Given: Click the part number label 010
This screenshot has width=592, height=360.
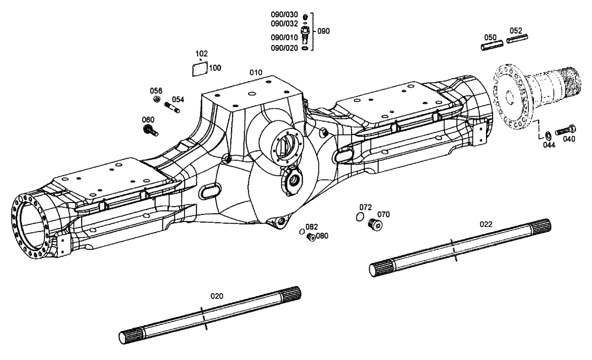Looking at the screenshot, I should (x=255, y=72).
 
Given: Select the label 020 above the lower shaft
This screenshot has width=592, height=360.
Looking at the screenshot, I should (x=218, y=295).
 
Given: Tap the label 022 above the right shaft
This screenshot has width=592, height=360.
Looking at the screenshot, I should (x=485, y=224).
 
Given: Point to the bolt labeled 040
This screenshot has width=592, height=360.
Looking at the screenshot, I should (x=565, y=128).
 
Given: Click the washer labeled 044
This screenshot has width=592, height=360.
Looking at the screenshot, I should (x=548, y=131).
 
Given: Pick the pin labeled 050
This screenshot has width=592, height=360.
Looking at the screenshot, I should (x=491, y=42).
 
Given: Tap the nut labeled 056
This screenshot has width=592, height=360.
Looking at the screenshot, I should (x=156, y=99).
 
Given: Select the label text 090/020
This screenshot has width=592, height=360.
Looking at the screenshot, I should (x=285, y=48).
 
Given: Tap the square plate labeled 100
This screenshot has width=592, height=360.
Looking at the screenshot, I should (x=200, y=68).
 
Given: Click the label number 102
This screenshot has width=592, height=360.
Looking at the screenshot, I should (x=201, y=53).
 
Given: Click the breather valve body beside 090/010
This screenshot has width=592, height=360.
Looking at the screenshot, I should (x=305, y=33).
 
